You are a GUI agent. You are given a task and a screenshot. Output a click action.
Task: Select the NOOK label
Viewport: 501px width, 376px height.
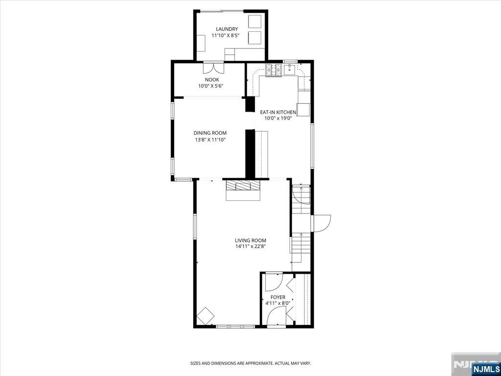point(212,79)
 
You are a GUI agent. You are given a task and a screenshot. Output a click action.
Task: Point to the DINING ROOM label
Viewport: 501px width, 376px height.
point(210,133)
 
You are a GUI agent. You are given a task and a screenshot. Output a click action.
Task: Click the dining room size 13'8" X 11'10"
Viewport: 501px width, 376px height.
point(210,140)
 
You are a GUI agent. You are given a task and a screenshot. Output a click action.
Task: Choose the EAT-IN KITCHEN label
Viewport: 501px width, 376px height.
point(278,112)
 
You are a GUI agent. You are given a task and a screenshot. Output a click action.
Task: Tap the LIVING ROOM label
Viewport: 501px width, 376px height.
point(250,240)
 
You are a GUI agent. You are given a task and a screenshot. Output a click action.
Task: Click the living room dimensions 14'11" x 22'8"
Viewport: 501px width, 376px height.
point(250,247)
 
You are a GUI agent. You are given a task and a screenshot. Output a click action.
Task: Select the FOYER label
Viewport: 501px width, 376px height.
point(278,297)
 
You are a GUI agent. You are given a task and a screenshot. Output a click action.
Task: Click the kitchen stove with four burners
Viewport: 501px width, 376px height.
point(274,70)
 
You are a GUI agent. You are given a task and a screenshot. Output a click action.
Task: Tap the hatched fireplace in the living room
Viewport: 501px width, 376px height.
point(243,186)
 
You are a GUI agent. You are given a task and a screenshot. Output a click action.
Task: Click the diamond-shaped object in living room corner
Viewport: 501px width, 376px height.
point(205,316)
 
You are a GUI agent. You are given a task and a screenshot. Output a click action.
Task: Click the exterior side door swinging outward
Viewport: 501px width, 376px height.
point(321,223)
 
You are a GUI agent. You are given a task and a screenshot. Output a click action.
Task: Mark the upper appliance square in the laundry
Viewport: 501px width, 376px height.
point(255,22)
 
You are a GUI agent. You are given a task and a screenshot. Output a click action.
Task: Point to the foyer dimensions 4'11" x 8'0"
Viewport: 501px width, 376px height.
point(278,303)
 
